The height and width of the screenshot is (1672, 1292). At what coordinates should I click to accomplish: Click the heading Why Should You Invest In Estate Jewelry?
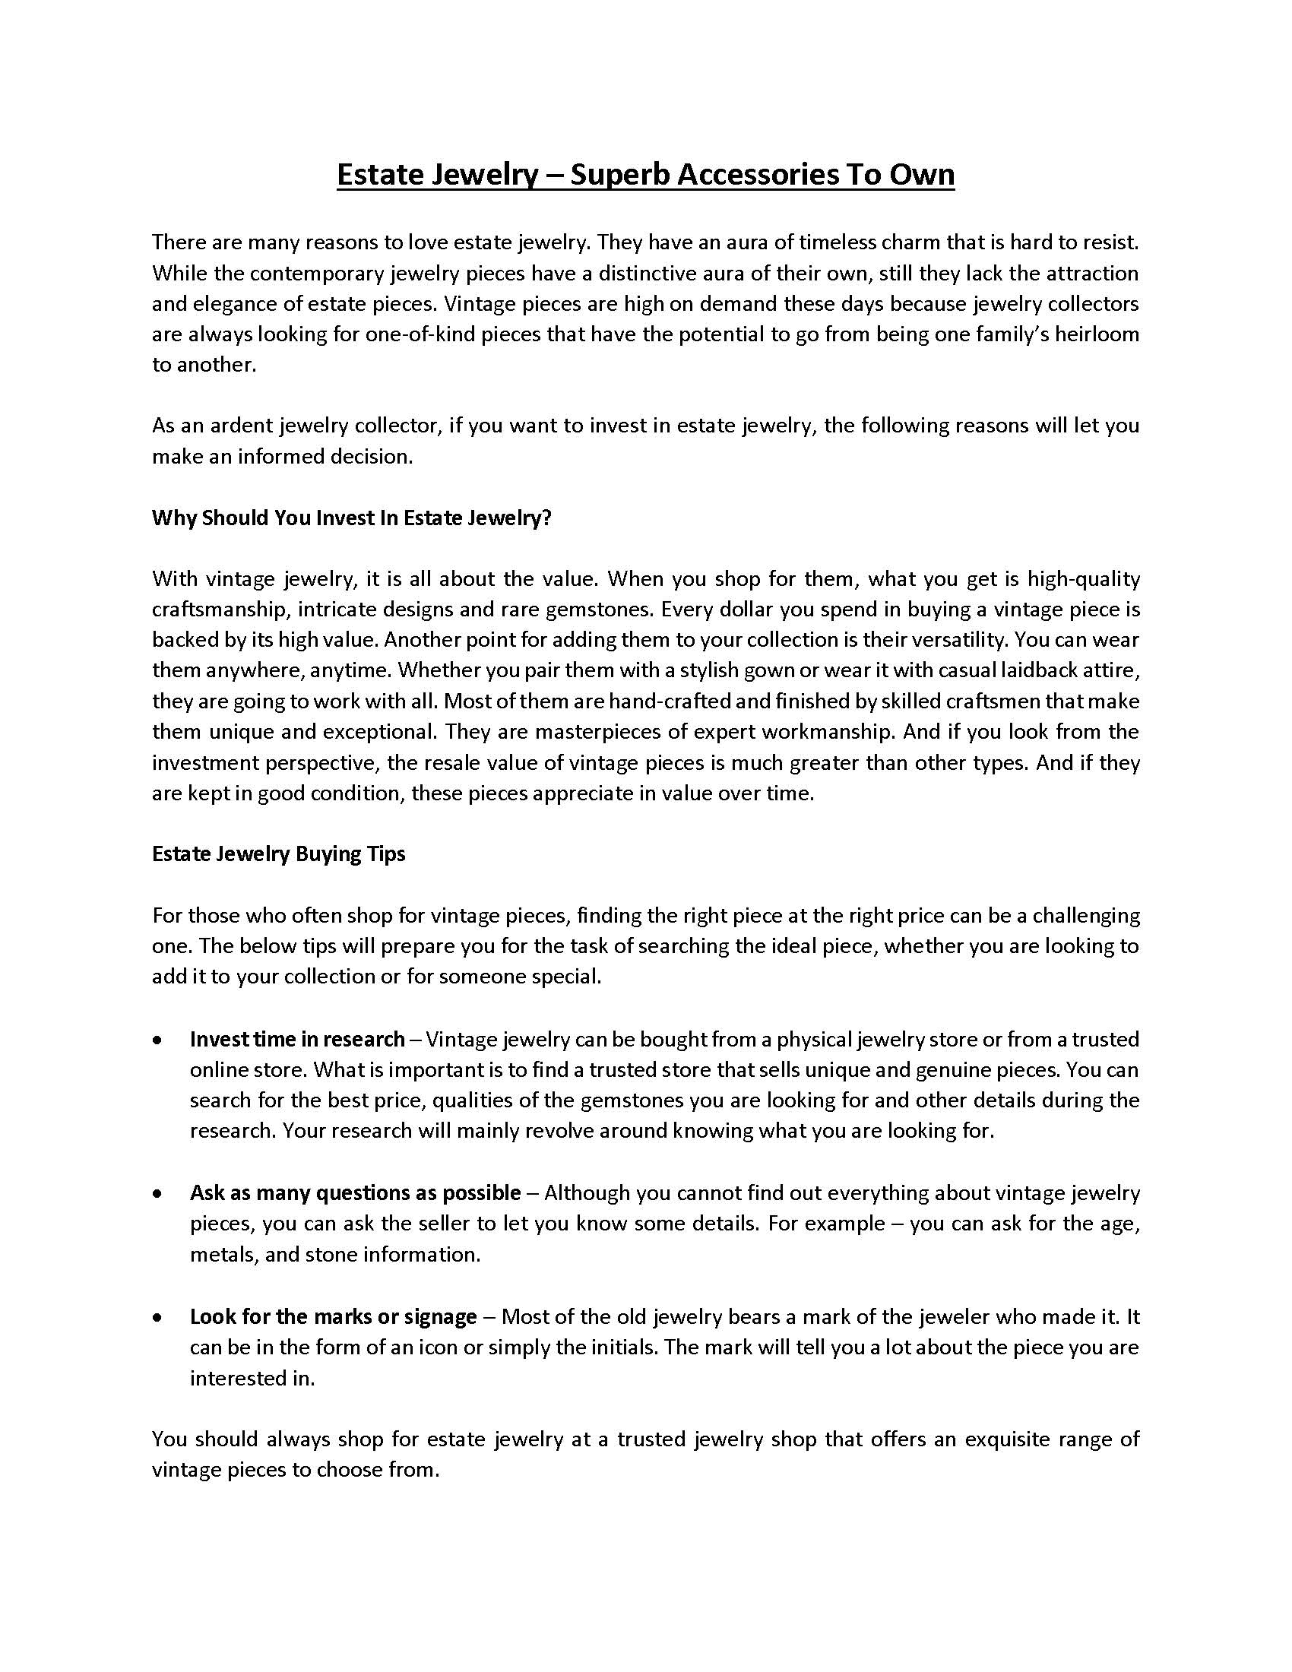pos(351,518)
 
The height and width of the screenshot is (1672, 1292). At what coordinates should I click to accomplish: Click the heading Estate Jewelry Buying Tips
pos(279,854)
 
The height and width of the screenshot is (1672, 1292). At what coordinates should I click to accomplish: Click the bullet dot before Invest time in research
pos(157,1040)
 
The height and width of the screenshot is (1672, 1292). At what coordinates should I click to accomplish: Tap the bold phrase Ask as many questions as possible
pos(355,1192)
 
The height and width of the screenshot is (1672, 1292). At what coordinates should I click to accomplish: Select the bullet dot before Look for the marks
pos(157,1317)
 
